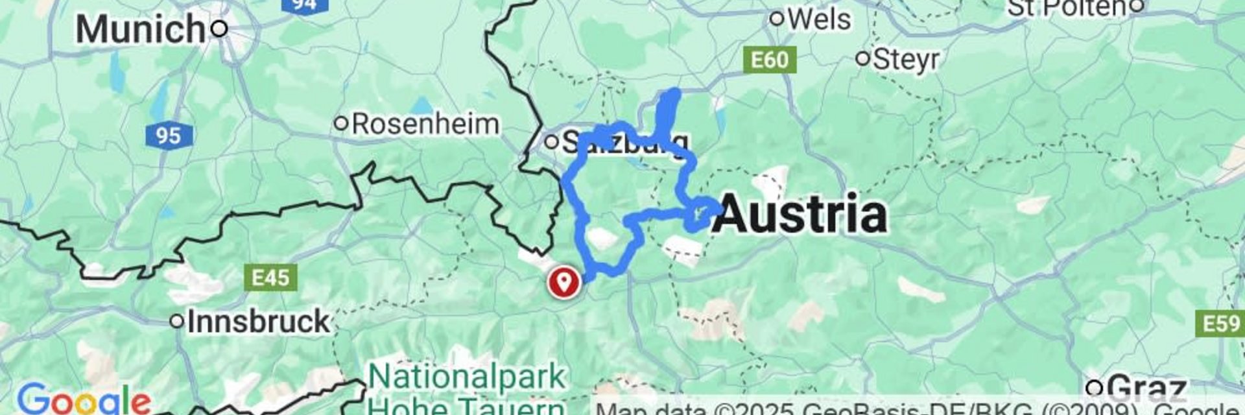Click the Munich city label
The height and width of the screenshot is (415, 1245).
click(x=139, y=29)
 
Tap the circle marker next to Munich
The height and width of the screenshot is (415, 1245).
click(x=220, y=29)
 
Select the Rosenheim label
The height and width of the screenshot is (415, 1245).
click(x=425, y=124)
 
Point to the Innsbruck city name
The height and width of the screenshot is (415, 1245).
click(x=259, y=321)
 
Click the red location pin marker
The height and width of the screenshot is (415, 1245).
click(x=564, y=283)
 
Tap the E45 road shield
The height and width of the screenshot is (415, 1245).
click(x=270, y=278)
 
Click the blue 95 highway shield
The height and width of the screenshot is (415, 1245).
click(x=168, y=136)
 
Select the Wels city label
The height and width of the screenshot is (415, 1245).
click(x=819, y=19)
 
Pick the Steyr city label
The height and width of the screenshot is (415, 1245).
click(x=906, y=60)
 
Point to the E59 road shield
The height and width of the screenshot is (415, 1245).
click(x=1220, y=323)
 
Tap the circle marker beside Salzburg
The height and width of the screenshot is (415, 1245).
click(x=551, y=141)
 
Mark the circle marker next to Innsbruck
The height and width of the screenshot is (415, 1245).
click(x=176, y=321)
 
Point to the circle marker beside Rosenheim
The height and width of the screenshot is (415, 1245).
click(x=341, y=123)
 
